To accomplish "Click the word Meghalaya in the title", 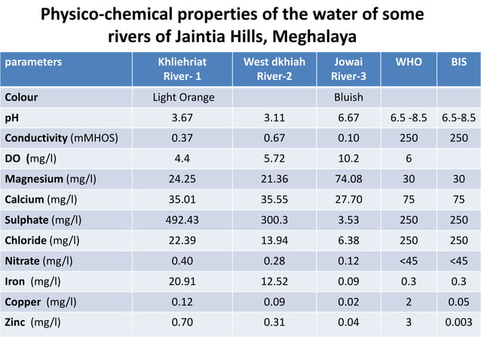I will coord(312,38).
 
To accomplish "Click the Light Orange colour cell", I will coord(183,98).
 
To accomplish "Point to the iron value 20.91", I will coord(183,282).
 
